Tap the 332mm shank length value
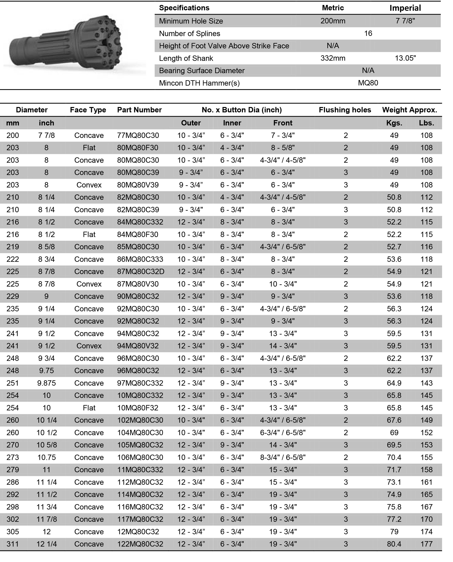click(x=333, y=58)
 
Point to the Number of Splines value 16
click(x=368, y=33)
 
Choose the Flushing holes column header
click(x=345, y=110)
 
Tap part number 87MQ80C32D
click(x=141, y=272)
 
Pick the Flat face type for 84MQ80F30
click(x=89, y=235)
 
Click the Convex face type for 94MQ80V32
click(x=89, y=346)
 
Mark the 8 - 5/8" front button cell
click(x=283, y=148)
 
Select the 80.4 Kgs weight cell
click(x=394, y=544)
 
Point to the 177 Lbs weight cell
click(x=426, y=544)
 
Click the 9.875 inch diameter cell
click(x=46, y=383)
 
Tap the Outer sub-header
click(x=191, y=123)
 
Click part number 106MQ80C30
click(x=140, y=457)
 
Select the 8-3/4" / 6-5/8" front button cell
click(x=283, y=457)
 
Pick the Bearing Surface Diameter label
click(x=202, y=71)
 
